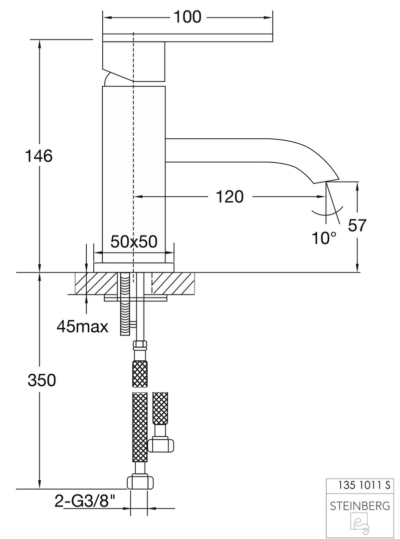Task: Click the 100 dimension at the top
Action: point(188,17)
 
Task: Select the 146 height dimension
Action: point(39,156)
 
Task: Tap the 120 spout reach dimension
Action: point(229,197)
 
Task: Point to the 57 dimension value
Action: point(358,225)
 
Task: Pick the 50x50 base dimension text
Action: point(134,242)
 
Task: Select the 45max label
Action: point(82,326)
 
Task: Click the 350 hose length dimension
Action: point(42,380)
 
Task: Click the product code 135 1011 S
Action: point(364,485)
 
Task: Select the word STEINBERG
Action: point(360,506)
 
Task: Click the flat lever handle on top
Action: point(188,37)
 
